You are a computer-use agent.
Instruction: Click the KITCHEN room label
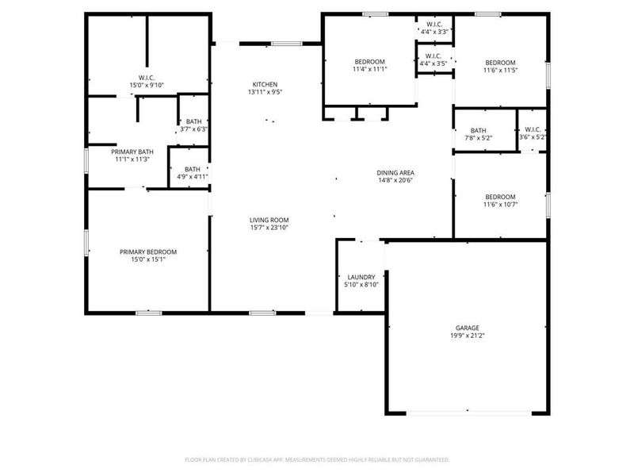(x=265, y=84)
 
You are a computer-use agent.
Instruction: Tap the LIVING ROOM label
(x=269, y=220)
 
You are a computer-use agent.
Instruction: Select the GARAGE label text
(x=467, y=328)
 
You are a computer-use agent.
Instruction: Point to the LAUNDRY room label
(x=361, y=277)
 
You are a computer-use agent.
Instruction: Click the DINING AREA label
(x=395, y=172)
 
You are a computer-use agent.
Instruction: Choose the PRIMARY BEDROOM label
(x=148, y=251)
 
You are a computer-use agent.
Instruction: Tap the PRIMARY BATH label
(x=132, y=152)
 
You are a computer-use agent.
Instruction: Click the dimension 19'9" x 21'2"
(x=467, y=336)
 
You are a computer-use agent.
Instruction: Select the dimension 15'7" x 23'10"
(x=269, y=228)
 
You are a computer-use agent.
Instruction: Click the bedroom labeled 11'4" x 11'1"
(x=369, y=66)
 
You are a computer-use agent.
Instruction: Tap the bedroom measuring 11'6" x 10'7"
(x=500, y=201)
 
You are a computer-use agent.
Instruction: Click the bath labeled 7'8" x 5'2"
(x=478, y=134)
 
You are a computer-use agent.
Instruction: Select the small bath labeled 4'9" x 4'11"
(x=193, y=173)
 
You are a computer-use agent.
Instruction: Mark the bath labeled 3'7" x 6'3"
(x=193, y=125)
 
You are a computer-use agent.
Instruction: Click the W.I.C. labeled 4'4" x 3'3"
(x=433, y=28)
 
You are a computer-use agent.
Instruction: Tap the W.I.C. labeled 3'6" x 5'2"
(x=532, y=134)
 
